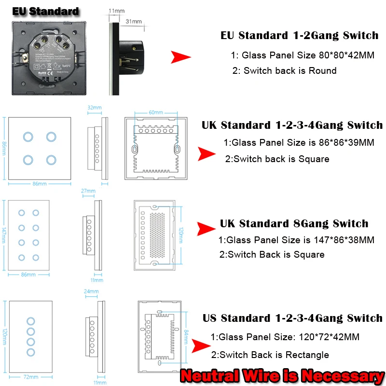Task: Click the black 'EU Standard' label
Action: pos(45,11)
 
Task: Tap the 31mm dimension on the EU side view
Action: pos(134,21)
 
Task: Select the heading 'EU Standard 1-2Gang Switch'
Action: pos(299,35)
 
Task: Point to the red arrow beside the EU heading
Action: pos(181,57)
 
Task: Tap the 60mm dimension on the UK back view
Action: pos(156,112)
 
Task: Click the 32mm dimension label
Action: pos(95,108)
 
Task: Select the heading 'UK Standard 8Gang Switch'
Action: pos(294,223)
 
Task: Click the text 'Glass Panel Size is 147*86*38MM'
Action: pos(296,240)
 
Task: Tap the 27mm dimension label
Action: pos(88,191)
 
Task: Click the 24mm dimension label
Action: pos(91,291)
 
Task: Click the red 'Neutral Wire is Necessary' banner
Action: pos(282,375)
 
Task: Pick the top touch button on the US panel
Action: pos(31,321)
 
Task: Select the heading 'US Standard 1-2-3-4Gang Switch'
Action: pos(292,318)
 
